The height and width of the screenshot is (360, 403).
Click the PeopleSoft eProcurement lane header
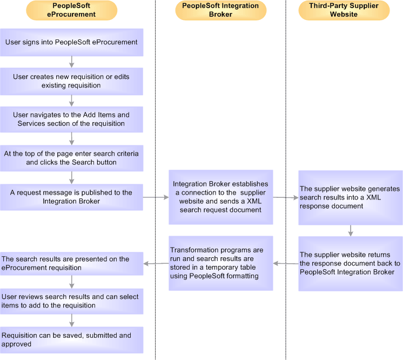coord(71,10)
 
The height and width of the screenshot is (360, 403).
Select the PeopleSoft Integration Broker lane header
coord(220,10)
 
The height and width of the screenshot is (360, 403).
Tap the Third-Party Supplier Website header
coord(344,10)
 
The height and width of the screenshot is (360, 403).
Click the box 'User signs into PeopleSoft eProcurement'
coord(71,42)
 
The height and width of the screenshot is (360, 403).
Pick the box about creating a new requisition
coord(71,81)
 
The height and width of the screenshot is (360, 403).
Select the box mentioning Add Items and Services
coord(71,119)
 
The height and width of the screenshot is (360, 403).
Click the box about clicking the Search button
coord(71,158)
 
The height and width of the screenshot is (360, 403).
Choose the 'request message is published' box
coord(71,197)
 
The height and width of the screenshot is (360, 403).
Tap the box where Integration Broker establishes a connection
coord(220,197)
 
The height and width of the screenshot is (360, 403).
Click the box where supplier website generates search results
coord(350,197)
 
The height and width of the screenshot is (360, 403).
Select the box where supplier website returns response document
coord(350,263)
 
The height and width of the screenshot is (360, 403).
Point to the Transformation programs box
coord(220,263)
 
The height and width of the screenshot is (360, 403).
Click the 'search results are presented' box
coord(71,263)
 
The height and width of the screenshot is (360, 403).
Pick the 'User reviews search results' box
coord(71,301)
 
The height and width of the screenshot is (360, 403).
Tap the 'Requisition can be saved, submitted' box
coord(71,339)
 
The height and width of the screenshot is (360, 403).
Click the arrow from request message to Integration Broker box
coord(156,197)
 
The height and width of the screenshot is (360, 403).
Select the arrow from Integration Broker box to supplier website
coord(285,197)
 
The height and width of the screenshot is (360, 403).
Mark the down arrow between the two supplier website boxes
coord(351,230)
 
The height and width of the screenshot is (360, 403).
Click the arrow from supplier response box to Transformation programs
coord(285,264)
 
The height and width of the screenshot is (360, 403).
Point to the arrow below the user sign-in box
coord(72,62)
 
